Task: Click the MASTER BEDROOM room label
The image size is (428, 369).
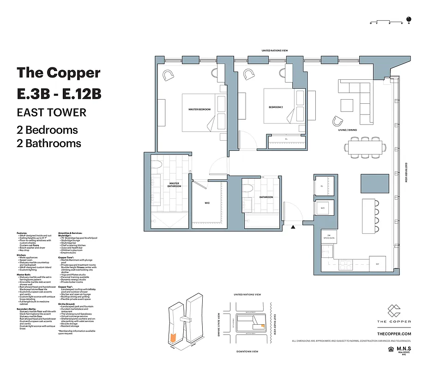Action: pos(199,109)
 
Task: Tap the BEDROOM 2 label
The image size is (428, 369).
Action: pos(276,107)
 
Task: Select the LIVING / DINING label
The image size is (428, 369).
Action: pos(347,130)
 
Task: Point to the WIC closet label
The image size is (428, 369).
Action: pos(207,202)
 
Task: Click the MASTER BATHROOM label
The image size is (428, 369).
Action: pos(174,184)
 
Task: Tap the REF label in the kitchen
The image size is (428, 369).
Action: pos(377,264)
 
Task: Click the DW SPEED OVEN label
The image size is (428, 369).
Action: pos(329,237)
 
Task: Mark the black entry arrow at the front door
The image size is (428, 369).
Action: pos(292,226)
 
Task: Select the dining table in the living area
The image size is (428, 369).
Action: pos(365,147)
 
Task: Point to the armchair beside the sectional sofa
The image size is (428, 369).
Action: pos(338,121)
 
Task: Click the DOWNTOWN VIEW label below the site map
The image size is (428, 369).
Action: pos(247,351)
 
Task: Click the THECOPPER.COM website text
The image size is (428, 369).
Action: pos(394,333)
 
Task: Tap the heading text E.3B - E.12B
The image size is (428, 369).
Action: pos(59,94)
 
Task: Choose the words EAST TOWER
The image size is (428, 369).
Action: pos(51,112)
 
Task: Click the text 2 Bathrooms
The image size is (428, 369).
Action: pos(49,143)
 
